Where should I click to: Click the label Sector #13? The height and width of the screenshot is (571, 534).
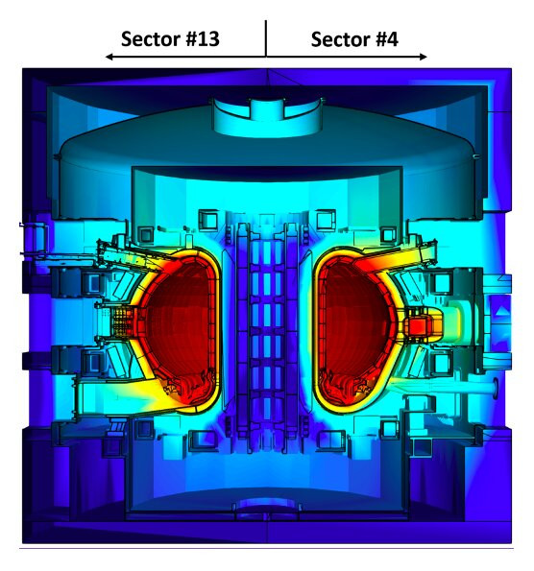[170, 39]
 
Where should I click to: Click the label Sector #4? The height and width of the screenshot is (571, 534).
[354, 39]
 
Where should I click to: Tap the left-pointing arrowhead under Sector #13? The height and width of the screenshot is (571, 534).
[109, 57]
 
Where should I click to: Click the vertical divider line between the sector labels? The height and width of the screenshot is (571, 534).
[266, 38]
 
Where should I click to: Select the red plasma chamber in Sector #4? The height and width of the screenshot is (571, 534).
[355, 328]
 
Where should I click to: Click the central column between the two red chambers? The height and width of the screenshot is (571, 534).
[267, 328]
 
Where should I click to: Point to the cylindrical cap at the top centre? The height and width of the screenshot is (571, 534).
[268, 117]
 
